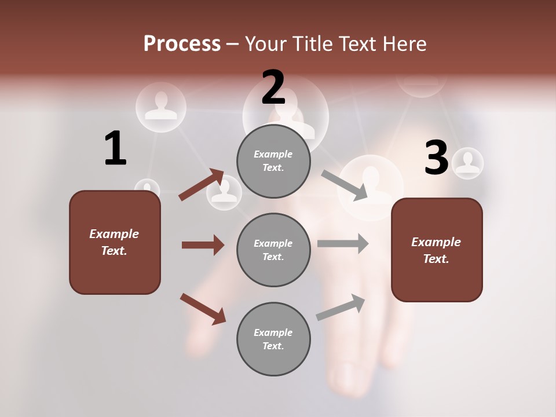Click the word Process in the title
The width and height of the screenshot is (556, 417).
pos(182,44)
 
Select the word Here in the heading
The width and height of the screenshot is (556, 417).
pos(403,44)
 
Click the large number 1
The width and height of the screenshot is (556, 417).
pos(115,149)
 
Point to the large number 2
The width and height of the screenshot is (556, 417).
pos(273,88)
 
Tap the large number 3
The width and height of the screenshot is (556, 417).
pos(436,158)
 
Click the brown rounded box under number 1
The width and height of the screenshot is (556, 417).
pos(115,242)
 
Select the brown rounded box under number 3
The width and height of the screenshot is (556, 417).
pos(437,250)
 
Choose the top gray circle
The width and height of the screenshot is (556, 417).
pos(273,161)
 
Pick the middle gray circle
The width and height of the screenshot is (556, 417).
pos(273,250)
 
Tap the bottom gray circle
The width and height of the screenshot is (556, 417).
pos(273,339)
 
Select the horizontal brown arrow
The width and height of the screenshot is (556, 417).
pos(203,245)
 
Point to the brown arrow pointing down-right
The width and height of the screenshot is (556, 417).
pos(203,309)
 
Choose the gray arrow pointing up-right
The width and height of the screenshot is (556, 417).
pos(341,308)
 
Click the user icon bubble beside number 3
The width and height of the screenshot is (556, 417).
pos(467,163)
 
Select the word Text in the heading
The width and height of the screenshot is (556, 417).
pos(359,44)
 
